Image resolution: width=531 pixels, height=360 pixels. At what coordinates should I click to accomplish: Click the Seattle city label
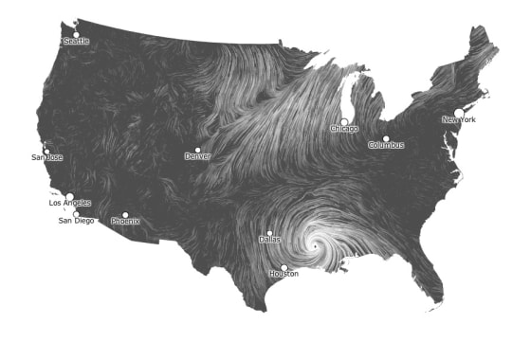pos(76,41)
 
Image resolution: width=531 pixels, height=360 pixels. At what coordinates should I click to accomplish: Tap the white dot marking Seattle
pos(74,34)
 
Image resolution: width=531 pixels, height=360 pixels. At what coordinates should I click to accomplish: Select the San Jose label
pos(46,157)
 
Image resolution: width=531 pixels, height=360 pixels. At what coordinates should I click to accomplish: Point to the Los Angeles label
pos(70,204)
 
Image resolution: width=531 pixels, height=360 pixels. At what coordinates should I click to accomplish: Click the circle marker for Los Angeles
pos(69,197)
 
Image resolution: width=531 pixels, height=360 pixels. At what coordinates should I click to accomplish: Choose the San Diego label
pos(77,221)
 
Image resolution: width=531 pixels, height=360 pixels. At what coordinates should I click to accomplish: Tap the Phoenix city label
pos(125,222)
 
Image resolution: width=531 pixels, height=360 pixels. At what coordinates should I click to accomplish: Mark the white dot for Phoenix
pos(125,215)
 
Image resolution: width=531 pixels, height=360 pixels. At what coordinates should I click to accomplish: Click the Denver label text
pos(197,156)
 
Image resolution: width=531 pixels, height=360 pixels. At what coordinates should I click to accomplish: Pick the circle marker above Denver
pos(197,150)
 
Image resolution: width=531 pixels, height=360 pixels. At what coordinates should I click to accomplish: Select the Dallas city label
pos(269,240)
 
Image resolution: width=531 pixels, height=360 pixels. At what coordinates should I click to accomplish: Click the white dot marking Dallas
pos(269,233)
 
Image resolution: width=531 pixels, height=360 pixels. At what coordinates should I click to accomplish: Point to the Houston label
pos(284,274)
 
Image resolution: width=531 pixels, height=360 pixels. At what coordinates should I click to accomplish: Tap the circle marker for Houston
pos(284,267)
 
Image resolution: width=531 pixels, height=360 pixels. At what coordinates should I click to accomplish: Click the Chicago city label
pos(344,128)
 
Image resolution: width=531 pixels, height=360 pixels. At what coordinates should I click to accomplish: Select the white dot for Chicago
pos(344,121)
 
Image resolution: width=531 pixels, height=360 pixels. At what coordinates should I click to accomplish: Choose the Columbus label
pos(386,145)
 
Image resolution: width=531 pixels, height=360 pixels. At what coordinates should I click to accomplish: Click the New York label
pos(459,120)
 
